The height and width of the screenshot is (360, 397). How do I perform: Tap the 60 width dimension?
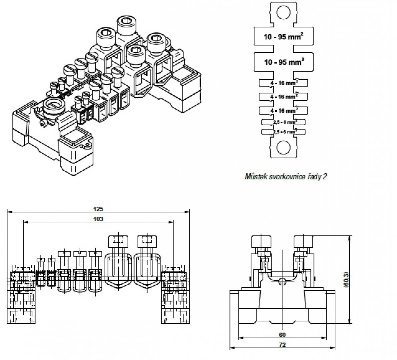tap(283, 335)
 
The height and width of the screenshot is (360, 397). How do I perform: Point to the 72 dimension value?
tap(283, 345)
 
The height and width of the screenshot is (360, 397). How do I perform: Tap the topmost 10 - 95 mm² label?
tap(283, 37)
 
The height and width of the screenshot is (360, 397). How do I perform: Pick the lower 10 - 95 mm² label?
tap(283, 62)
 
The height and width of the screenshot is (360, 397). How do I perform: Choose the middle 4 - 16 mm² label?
tap(283, 96)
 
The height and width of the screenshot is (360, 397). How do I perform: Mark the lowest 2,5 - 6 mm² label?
tap(283, 132)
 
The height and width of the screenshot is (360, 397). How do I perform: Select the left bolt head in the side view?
tap(260, 240)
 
